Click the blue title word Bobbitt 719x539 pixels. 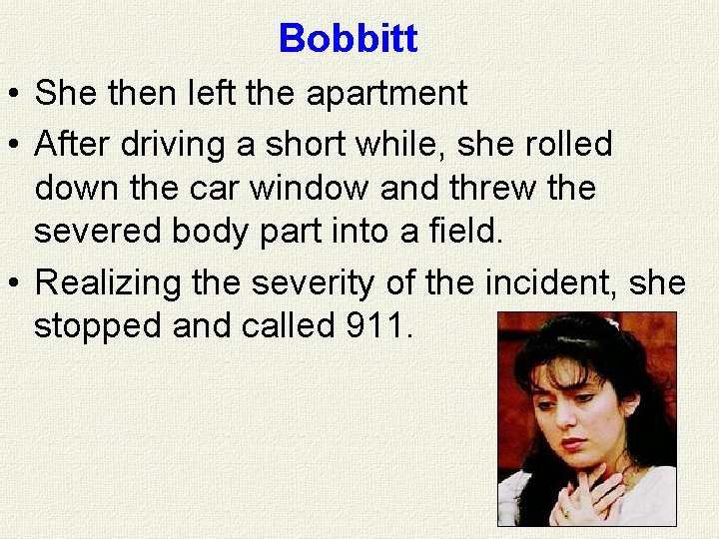pyautogui.click(x=348, y=39)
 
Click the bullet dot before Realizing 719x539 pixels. pyautogui.click(x=16, y=284)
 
